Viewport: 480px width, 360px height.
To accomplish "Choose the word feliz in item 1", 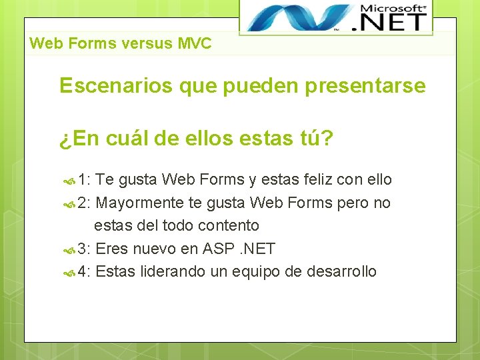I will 315,179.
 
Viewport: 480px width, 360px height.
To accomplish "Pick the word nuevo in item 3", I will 155,249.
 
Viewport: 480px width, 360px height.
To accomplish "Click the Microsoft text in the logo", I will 393,9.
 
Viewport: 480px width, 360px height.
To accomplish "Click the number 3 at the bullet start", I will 82,249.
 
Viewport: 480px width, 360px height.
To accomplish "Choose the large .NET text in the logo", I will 393,23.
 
